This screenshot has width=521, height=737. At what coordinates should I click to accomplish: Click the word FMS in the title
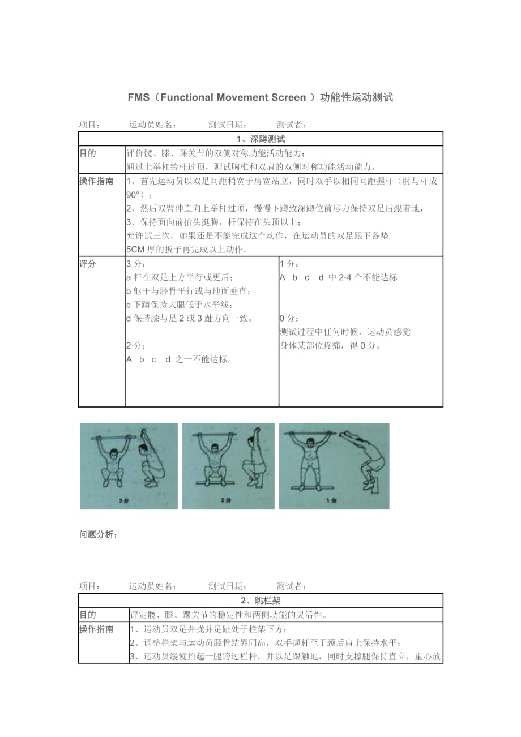click(139, 97)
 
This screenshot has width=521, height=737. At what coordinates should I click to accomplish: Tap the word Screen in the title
click(287, 97)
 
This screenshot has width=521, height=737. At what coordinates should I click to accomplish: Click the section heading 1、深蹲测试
click(260, 139)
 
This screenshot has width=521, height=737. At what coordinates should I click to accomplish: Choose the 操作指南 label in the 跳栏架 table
click(96, 629)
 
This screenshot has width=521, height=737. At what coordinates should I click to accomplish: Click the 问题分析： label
click(99, 534)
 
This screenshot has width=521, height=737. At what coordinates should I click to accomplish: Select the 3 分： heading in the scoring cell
click(136, 264)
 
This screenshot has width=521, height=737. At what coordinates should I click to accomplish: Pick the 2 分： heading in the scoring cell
click(136, 345)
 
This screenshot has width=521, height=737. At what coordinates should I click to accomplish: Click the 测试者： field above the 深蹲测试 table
click(292, 125)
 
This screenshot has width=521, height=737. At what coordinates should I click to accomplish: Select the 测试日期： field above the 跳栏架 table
click(227, 586)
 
